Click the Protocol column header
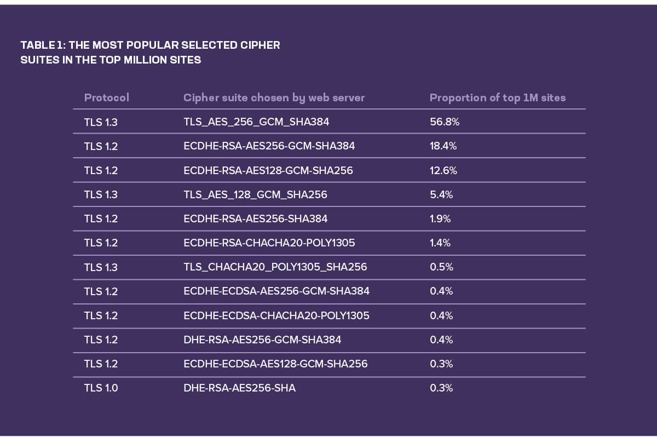tap(106, 98)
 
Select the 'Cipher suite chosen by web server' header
tap(274, 98)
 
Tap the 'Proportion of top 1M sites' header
tap(497, 98)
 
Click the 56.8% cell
tap(444, 122)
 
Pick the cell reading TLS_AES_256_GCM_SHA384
tap(256, 122)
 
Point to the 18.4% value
tap(443, 146)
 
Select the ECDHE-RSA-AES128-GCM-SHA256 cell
tap(268, 170)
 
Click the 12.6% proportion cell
tap(443, 170)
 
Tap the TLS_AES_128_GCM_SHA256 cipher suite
tap(255, 194)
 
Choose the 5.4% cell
tap(441, 194)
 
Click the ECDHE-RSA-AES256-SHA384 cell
tap(255, 219)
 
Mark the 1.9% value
tap(440, 219)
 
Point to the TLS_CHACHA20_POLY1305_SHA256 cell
tap(275, 267)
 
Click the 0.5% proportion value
tap(441, 267)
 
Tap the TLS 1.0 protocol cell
tap(101, 388)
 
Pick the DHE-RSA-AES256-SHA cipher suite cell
tap(239, 388)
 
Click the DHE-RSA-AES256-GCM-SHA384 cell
tap(262, 340)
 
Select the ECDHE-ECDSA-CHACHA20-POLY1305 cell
tap(276, 315)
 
